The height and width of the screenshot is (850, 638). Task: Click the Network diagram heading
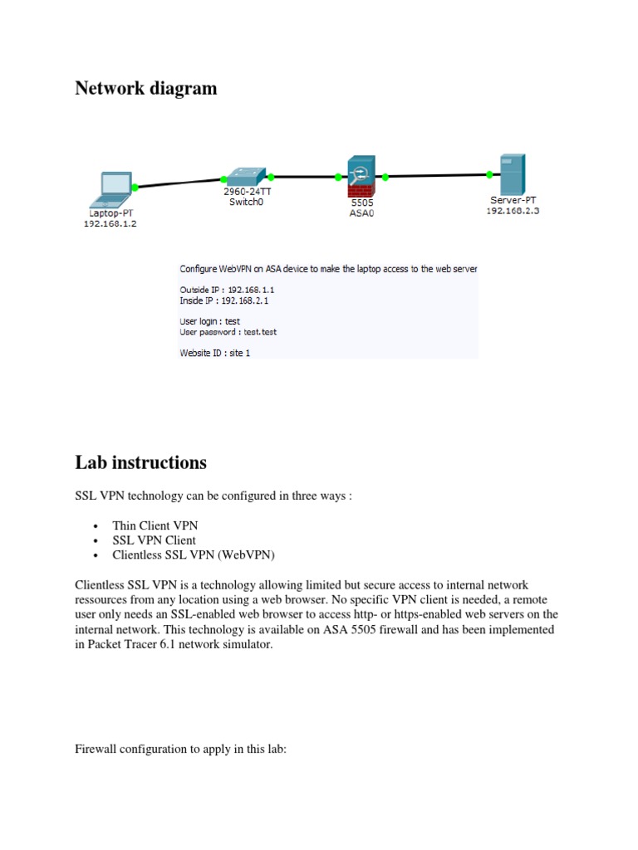point(145,89)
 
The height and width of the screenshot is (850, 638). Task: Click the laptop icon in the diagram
point(115,188)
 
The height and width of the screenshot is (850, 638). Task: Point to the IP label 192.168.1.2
point(110,224)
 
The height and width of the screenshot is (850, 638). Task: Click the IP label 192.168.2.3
point(513,211)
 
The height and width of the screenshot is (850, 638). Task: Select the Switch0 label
point(246,202)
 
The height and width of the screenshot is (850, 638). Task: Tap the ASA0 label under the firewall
point(362,212)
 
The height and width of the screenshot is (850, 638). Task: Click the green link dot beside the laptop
point(135,188)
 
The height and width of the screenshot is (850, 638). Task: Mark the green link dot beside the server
point(489,174)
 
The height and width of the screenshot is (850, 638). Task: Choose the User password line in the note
point(228,332)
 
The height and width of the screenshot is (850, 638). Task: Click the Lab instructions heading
point(140,462)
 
